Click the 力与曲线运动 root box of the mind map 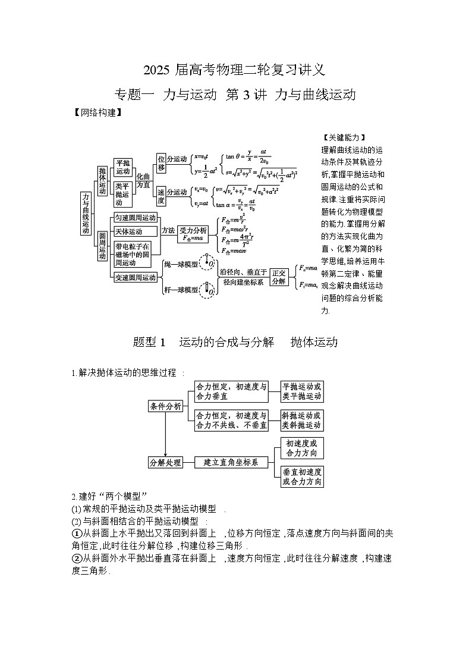click(86, 212)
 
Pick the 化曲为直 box click(144, 181)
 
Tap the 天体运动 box click(129, 231)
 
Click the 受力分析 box click(193, 233)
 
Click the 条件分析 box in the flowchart click(166, 406)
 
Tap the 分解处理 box click(166, 462)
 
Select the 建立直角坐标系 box click(231, 462)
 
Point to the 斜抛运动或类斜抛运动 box click(302, 421)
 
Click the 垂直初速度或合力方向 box click(302, 476)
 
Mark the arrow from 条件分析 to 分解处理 click(166, 434)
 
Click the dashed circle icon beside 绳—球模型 click(209, 263)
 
